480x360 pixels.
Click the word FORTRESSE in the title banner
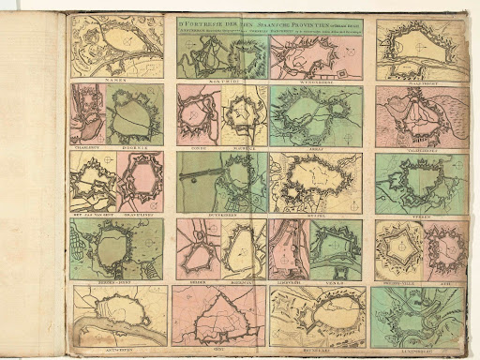click(x=194, y=21)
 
